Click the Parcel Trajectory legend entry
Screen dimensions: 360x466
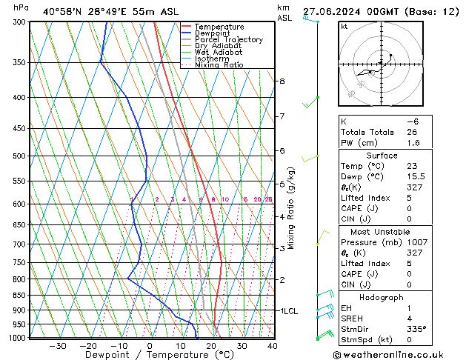[x=228, y=40]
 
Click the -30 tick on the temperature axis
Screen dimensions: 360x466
[x=57, y=346]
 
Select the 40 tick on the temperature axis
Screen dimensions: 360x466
[x=272, y=346]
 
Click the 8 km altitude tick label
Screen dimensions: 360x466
[x=282, y=81]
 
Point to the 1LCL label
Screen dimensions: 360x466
[x=287, y=311]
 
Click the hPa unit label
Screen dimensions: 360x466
[x=21, y=8]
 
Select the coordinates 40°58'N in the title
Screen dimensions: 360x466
[x=61, y=12]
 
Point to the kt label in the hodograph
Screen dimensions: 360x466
[x=344, y=26]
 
